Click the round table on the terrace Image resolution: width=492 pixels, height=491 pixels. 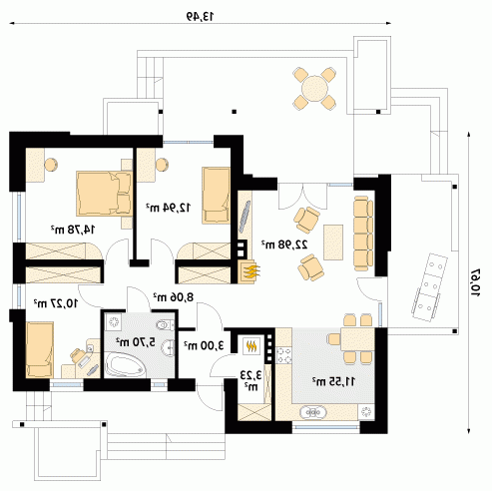(x=314, y=89)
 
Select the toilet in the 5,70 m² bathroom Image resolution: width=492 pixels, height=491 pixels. (x=166, y=325)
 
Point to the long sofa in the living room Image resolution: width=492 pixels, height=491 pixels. (x=363, y=234)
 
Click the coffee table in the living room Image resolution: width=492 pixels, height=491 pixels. (x=333, y=243)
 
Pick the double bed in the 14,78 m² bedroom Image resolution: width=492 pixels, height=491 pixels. (x=104, y=194)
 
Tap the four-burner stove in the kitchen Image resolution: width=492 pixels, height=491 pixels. (x=284, y=355)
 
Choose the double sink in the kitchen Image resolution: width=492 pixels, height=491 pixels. (x=313, y=412)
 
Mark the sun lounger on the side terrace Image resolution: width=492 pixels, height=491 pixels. (x=429, y=287)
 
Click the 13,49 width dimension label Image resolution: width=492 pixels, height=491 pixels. (x=200, y=16)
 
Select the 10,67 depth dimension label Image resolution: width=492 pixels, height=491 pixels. (x=475, y=282)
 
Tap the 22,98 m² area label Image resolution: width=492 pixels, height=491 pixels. (x=284, y=245)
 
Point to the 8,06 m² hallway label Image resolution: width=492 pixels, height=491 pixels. (x=173, y=296)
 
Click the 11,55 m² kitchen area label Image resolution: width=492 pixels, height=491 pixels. (x=333, y=381)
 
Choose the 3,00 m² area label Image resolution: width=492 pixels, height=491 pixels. (x=204, y=345)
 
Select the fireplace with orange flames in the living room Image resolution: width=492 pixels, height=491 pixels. (x=248, y=270)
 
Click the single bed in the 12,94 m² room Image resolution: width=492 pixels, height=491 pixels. (x=216, y=195)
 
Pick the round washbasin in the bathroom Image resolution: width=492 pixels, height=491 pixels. (x=168, y=348)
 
